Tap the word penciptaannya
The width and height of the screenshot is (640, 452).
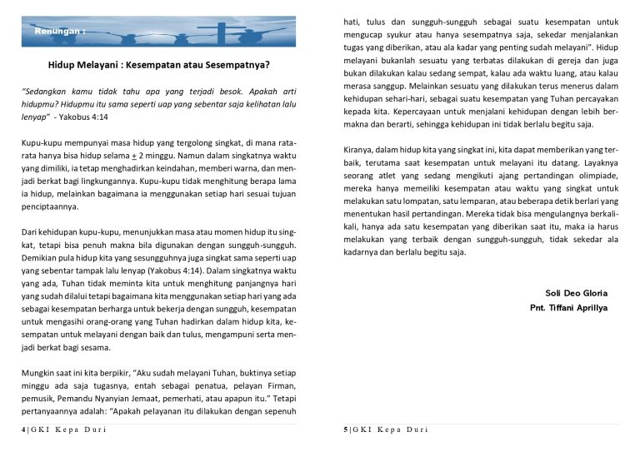pyautogui.click(x=49, y=206)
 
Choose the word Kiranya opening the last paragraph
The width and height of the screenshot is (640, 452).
pyautogui.click(x=361, y=151)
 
